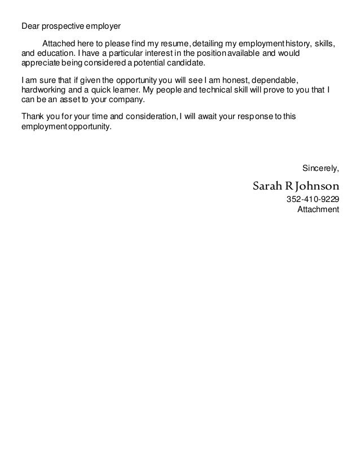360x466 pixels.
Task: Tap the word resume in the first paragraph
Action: [x=172, y=44]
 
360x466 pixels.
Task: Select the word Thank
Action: [x=32, y=117]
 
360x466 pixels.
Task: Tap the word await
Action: [x=208, y=117]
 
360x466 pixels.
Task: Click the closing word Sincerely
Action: [x=321, y=168]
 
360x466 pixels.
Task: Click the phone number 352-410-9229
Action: [x=313, y=200]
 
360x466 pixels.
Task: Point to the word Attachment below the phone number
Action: [x=318, y=209]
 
